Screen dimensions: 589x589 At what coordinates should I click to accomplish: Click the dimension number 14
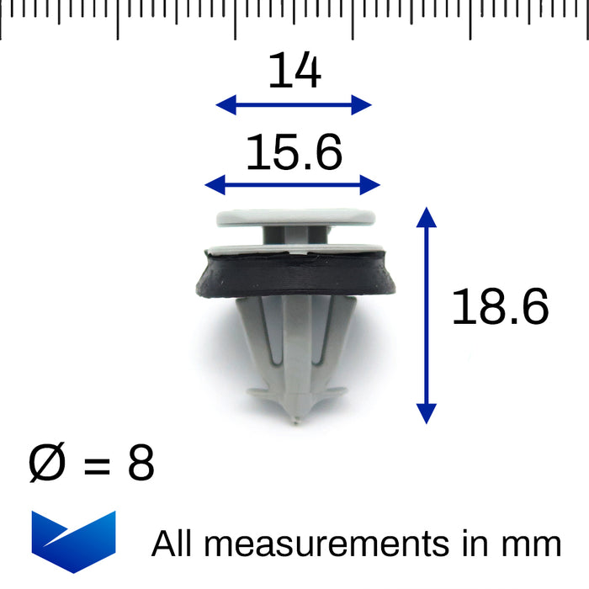pos(294,72)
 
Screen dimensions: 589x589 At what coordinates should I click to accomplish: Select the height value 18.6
pos(500,307)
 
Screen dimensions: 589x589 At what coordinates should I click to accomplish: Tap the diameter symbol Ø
pos(47,464)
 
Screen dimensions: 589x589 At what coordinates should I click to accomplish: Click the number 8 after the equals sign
pos(141,464)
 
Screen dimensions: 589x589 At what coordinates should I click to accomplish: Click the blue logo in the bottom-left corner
pos(73,540)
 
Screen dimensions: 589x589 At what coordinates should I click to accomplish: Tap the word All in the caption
pos(172,544)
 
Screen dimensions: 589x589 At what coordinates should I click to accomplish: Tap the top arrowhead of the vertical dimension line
pos(427,216)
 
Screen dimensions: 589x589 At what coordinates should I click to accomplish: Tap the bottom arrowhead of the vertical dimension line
pos(427,412)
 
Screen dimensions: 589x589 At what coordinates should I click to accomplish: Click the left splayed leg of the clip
pos(251,337)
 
